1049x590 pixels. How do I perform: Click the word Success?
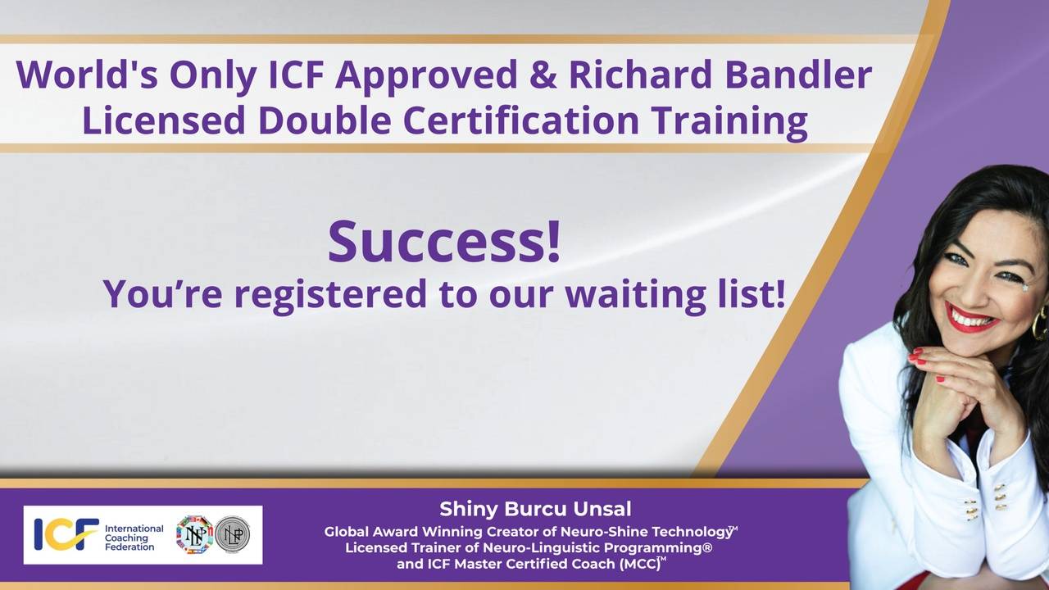tap(445, 241)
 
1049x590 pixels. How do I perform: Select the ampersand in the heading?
tap(541, 75)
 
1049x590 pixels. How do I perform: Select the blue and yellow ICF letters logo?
tap(66, 534)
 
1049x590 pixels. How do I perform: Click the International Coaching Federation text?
tap(134, 537)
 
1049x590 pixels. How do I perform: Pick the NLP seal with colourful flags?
tap(194, 534)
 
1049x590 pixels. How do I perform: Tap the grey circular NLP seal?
tap(233, 534)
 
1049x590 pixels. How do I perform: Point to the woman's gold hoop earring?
tap(1039, 322)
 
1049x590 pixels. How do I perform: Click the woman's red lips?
tap(972, 316)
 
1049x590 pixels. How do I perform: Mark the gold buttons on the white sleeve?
tap(1000, 496)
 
